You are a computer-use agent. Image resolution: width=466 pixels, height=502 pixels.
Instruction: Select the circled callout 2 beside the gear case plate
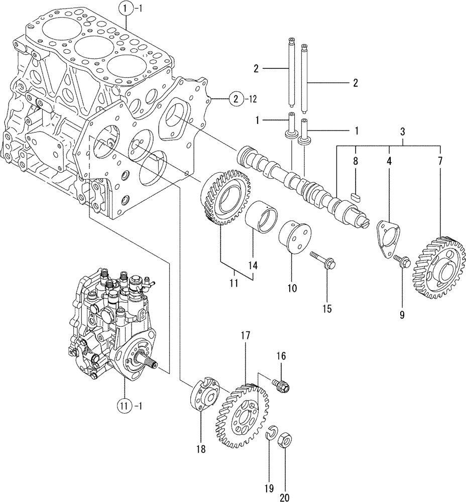239,99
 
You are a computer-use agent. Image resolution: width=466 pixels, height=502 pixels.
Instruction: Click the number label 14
252,265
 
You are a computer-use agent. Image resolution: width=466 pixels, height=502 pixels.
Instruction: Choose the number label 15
327,309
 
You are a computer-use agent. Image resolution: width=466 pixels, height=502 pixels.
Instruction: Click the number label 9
402,315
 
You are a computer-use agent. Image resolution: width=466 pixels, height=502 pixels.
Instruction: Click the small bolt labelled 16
282,386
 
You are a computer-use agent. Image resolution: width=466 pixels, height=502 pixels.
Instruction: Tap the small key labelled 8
356,196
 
